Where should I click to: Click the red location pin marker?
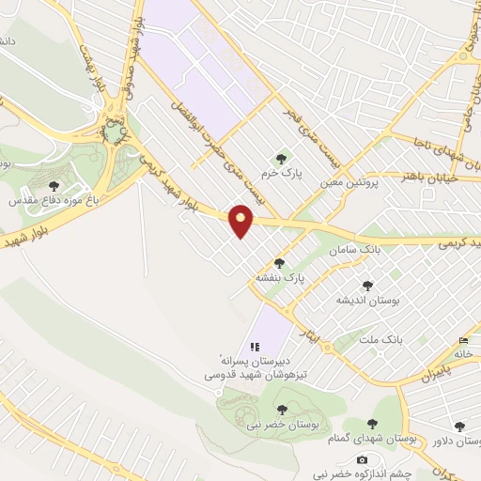pos(241,221)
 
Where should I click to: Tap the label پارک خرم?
pos(283,173)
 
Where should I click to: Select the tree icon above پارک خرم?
pos(281,158)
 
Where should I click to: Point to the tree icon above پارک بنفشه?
pos(279,264)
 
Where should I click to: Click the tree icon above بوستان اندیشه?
pos(367,285)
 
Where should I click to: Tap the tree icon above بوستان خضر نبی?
pos(282,410)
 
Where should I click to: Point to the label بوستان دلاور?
pos(456,441)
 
